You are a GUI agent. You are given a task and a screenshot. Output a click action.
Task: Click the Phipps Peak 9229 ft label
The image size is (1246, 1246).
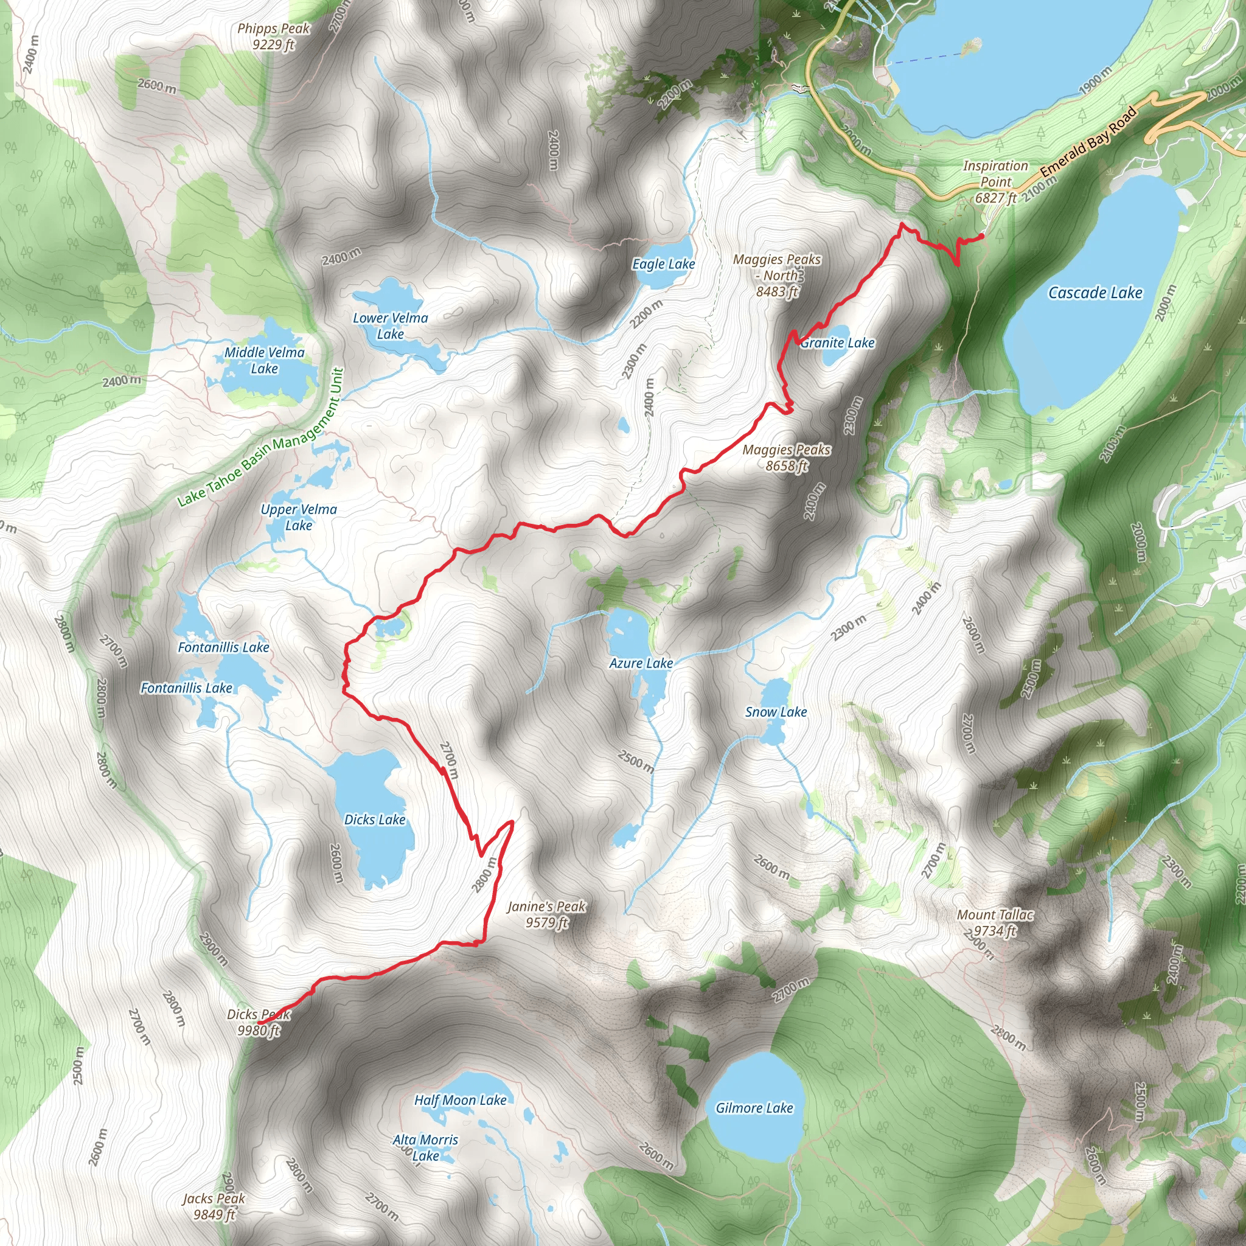(273, 36)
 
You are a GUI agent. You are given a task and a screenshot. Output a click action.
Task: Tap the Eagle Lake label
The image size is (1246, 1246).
(663, 264)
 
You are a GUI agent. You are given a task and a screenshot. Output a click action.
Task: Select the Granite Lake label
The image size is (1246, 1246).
(837, 343)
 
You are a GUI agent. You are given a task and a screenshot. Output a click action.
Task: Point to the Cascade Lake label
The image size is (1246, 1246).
(1095, 293)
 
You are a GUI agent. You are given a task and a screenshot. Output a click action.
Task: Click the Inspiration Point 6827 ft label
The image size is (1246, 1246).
(995, 182)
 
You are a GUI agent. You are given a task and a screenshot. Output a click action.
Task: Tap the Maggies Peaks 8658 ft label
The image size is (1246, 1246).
(786, 458)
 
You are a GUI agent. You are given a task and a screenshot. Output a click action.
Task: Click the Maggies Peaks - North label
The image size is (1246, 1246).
(777, 276)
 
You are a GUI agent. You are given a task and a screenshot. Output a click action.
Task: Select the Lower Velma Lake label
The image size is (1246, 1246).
(390, 325)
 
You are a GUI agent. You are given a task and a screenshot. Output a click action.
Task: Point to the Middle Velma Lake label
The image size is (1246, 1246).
(265, 361)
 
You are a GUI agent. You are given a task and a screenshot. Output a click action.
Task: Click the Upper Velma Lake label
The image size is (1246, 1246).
(299, 517)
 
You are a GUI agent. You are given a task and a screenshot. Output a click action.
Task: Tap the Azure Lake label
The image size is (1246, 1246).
(641, 663)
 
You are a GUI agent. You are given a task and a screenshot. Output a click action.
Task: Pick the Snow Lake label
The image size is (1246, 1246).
(776, 712)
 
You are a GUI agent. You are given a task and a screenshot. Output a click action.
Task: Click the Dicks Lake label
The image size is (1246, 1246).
(375, 820)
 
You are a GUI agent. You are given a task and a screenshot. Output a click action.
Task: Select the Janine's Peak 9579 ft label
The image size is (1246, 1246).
(546, 914)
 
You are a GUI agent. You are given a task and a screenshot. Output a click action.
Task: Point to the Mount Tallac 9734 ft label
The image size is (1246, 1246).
(995, 923)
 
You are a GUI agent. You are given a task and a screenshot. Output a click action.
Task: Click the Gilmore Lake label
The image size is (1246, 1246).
(754, 1108)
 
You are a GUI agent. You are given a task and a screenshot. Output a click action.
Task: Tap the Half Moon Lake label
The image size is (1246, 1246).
(461, 1100)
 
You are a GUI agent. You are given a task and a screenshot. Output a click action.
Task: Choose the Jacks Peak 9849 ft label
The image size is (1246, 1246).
(214, 1206)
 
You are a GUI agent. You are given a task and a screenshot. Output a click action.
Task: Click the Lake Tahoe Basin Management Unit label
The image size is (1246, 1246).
(261, 437)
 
